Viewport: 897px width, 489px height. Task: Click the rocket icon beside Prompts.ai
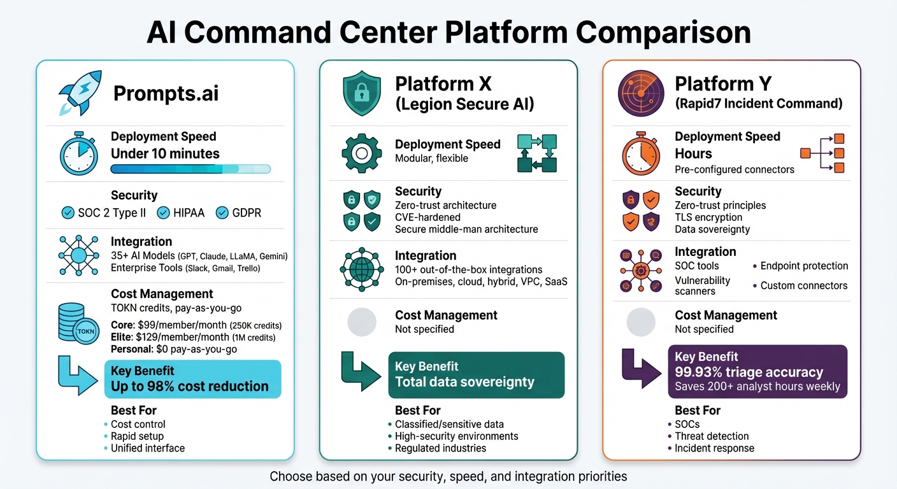pyautogui.click(x=78, y=93)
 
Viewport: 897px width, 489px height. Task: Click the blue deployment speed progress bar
pyautogui.click(x=190, y=169)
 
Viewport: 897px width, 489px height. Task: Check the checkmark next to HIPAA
pyautogui.click(x=163, y=213)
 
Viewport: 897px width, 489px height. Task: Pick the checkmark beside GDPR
pyautogui.click(x=222, y=213)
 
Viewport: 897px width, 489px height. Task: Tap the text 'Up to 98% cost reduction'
pyautogui.click(x=190, y=386)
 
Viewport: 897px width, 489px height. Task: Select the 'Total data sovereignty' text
pyautogui.click(x=464, y=382)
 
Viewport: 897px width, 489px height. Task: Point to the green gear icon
pyautogui.click(x=361, y=153)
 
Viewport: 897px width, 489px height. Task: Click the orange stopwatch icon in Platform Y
pyautogui.click(x=641, y=153)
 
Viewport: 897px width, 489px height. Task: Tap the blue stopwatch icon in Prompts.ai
pyautogui.click(x=78, y=153)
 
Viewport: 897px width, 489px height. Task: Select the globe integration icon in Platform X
pyautogui.click(x=361, y=271)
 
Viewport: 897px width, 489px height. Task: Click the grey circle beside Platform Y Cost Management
pyautogui.click(x=641, y=322)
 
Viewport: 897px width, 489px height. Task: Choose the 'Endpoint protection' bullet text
pyautogui.click(x=804, y=266)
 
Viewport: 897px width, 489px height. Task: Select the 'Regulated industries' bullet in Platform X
pyautogui.click(x=440, y=448)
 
